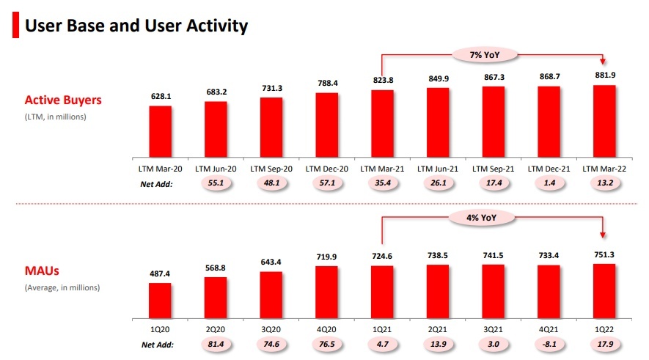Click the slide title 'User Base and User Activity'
tap(136, 26)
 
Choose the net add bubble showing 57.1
tap(327, 183)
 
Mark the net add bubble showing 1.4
tap(549, 183)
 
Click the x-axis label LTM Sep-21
tap(494, 169)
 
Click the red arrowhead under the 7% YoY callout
tap(604, 64)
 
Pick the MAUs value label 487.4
tap(161, 273)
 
